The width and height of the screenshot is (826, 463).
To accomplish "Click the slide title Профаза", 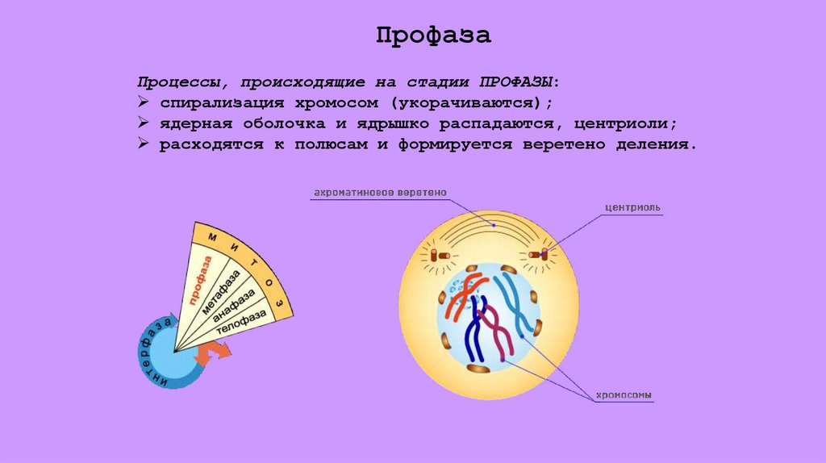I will (433, 35).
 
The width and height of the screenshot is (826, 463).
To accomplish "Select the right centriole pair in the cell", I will (539, 256).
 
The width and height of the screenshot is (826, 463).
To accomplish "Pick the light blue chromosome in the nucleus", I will (516, 302).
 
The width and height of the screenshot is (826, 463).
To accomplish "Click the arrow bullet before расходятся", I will (141, 146).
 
